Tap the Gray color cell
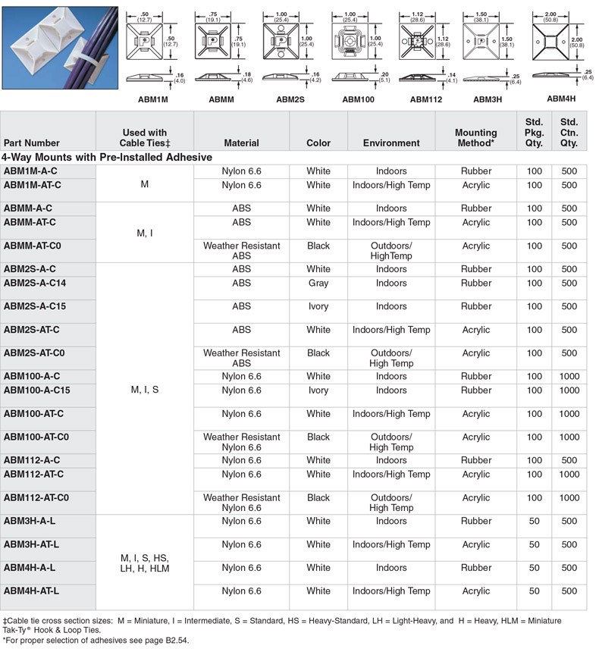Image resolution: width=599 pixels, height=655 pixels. (318, 284)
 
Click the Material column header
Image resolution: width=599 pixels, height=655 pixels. (241, 143)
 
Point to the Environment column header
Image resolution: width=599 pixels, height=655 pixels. (391, 143)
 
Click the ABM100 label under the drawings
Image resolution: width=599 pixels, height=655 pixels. (358, 99)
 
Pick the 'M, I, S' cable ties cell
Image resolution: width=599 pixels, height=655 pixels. (145, 390)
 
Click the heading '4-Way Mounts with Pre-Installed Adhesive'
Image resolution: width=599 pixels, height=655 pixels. (107, 157)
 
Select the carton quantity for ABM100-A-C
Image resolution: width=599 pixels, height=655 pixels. (569, 376)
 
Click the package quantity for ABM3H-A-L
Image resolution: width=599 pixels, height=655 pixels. (534, 522)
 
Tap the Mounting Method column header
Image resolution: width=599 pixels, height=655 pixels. (475, 137)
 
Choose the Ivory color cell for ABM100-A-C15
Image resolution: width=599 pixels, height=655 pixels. (318, 390)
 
